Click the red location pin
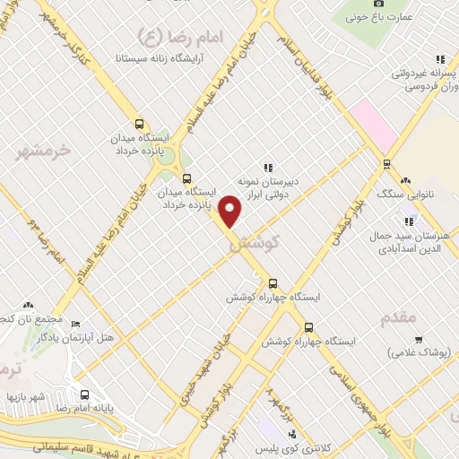[230, 211]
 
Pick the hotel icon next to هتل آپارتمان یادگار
[74, 324]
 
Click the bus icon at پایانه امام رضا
[85, 394]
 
